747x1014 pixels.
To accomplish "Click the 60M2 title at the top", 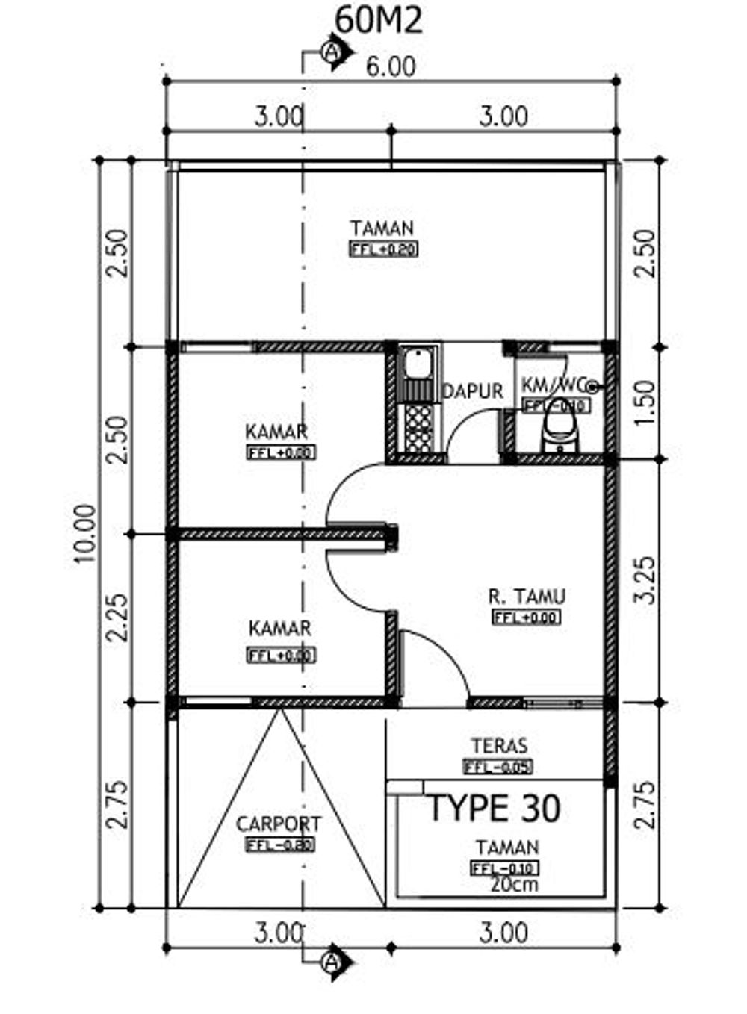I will (x=379, y=20).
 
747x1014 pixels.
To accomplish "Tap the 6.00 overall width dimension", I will (x=391, y=67).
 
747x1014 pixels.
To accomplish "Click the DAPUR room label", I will (x=473, y=391).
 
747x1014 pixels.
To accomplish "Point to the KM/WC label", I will (x=552, y=385).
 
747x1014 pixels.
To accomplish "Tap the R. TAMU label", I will (x=527, y=597).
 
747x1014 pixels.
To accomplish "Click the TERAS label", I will (x=499, y=745).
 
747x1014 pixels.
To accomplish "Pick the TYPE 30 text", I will (x=495, y=809).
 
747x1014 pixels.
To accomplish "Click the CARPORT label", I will (x=279, y=824).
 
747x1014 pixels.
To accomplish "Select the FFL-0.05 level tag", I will (x=498, y=767).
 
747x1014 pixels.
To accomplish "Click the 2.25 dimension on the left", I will (x=117, y=618).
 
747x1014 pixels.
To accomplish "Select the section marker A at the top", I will (x=332, y=52).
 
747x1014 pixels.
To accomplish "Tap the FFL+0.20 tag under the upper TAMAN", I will (x=383, y=250).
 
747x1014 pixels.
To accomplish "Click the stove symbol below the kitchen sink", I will (x=416, y=428).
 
